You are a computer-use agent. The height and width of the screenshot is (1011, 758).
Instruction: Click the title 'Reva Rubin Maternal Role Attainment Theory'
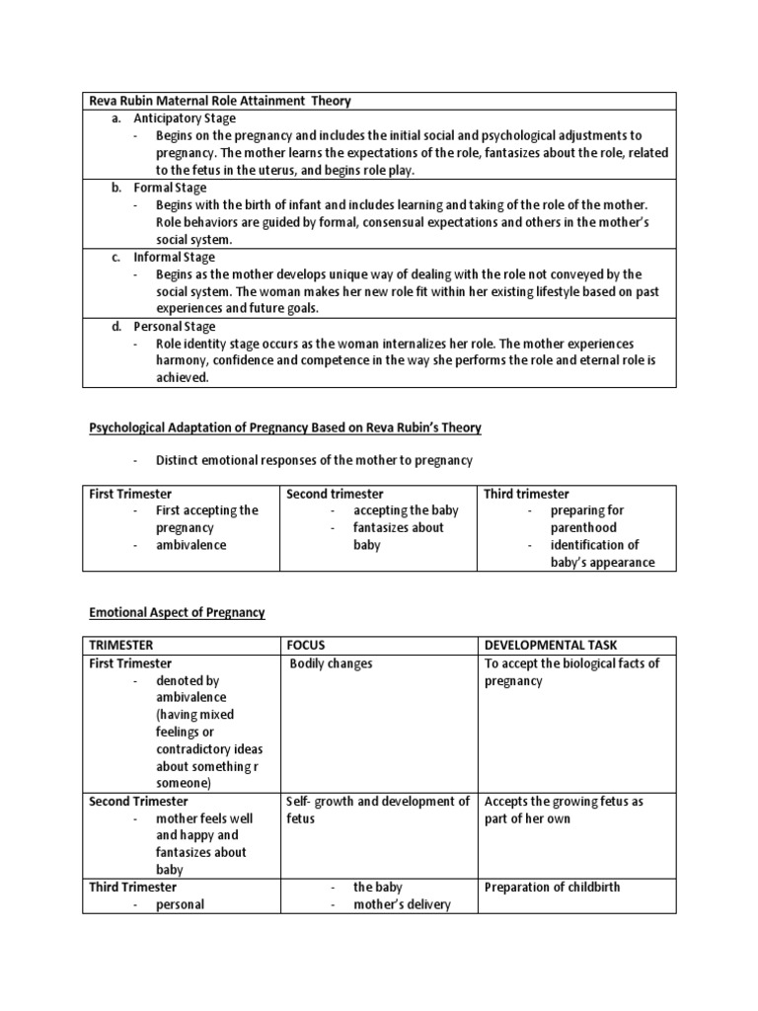220,101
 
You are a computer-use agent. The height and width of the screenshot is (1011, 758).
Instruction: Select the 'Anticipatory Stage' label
187,117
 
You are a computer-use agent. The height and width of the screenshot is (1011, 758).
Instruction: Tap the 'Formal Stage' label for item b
171,187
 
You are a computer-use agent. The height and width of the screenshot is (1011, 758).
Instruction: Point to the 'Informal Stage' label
178,257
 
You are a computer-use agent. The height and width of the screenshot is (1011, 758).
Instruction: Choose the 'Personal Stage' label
175,326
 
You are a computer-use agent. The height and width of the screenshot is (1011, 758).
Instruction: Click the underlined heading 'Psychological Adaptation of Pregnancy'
285,427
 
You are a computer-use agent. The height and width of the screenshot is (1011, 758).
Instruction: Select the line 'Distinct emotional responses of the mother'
314,460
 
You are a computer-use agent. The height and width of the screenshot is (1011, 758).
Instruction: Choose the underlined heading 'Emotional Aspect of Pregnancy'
178,612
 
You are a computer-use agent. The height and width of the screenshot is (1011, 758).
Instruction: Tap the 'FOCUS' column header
305,645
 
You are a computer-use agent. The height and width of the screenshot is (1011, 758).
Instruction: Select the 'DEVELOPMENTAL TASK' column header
550,645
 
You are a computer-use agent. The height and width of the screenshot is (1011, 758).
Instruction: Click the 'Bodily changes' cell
332,663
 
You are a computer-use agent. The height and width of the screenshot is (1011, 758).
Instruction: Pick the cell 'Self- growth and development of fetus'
378,810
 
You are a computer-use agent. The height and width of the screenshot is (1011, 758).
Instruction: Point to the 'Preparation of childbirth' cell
553,887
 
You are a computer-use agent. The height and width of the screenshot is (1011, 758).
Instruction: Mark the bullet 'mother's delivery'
402,903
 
